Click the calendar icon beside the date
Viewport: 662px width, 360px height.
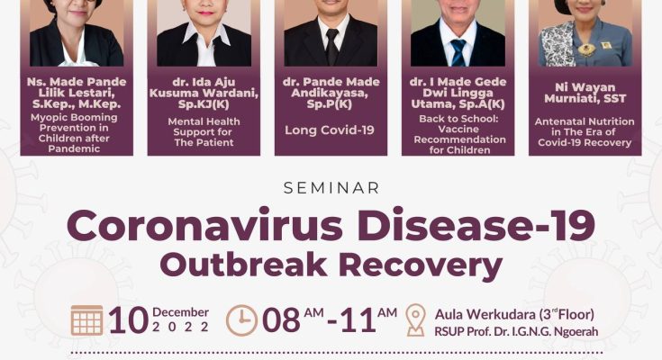tap(87, 320)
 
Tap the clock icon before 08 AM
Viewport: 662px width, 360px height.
tap(241, 320)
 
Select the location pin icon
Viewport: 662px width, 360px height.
tap(415, 320)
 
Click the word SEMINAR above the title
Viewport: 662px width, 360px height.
tap(331, 188)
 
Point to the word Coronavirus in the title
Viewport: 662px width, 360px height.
tap(204, 226)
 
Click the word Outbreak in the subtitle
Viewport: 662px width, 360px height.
tap(243, 265)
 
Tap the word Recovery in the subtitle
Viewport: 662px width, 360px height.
tap(421, 265)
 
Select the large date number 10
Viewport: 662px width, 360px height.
tap(128, 320)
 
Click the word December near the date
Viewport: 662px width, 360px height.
tap(181, 312)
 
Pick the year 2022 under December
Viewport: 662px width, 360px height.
tap(181, 327)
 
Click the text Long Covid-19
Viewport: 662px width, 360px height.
tap(330, 130)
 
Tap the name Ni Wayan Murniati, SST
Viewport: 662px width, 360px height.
tap(585, 93)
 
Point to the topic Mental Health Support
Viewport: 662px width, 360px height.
tap(204, 127)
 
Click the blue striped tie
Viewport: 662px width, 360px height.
tap(458, 53)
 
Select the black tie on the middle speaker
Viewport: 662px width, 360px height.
tap(331, 47)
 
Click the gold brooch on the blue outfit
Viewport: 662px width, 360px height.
tap(586, 49)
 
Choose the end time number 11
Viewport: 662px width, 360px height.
tap(358, 320)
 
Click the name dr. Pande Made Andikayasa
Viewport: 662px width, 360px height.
tap(331, 87)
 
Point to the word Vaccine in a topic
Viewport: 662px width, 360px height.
tap(458, 129)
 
